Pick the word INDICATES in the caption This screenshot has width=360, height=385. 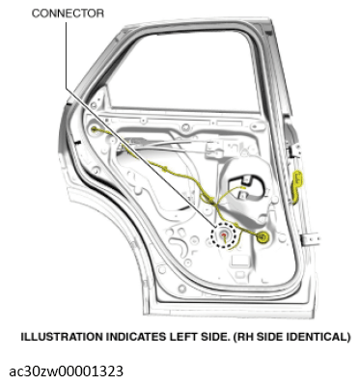[132, 337]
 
